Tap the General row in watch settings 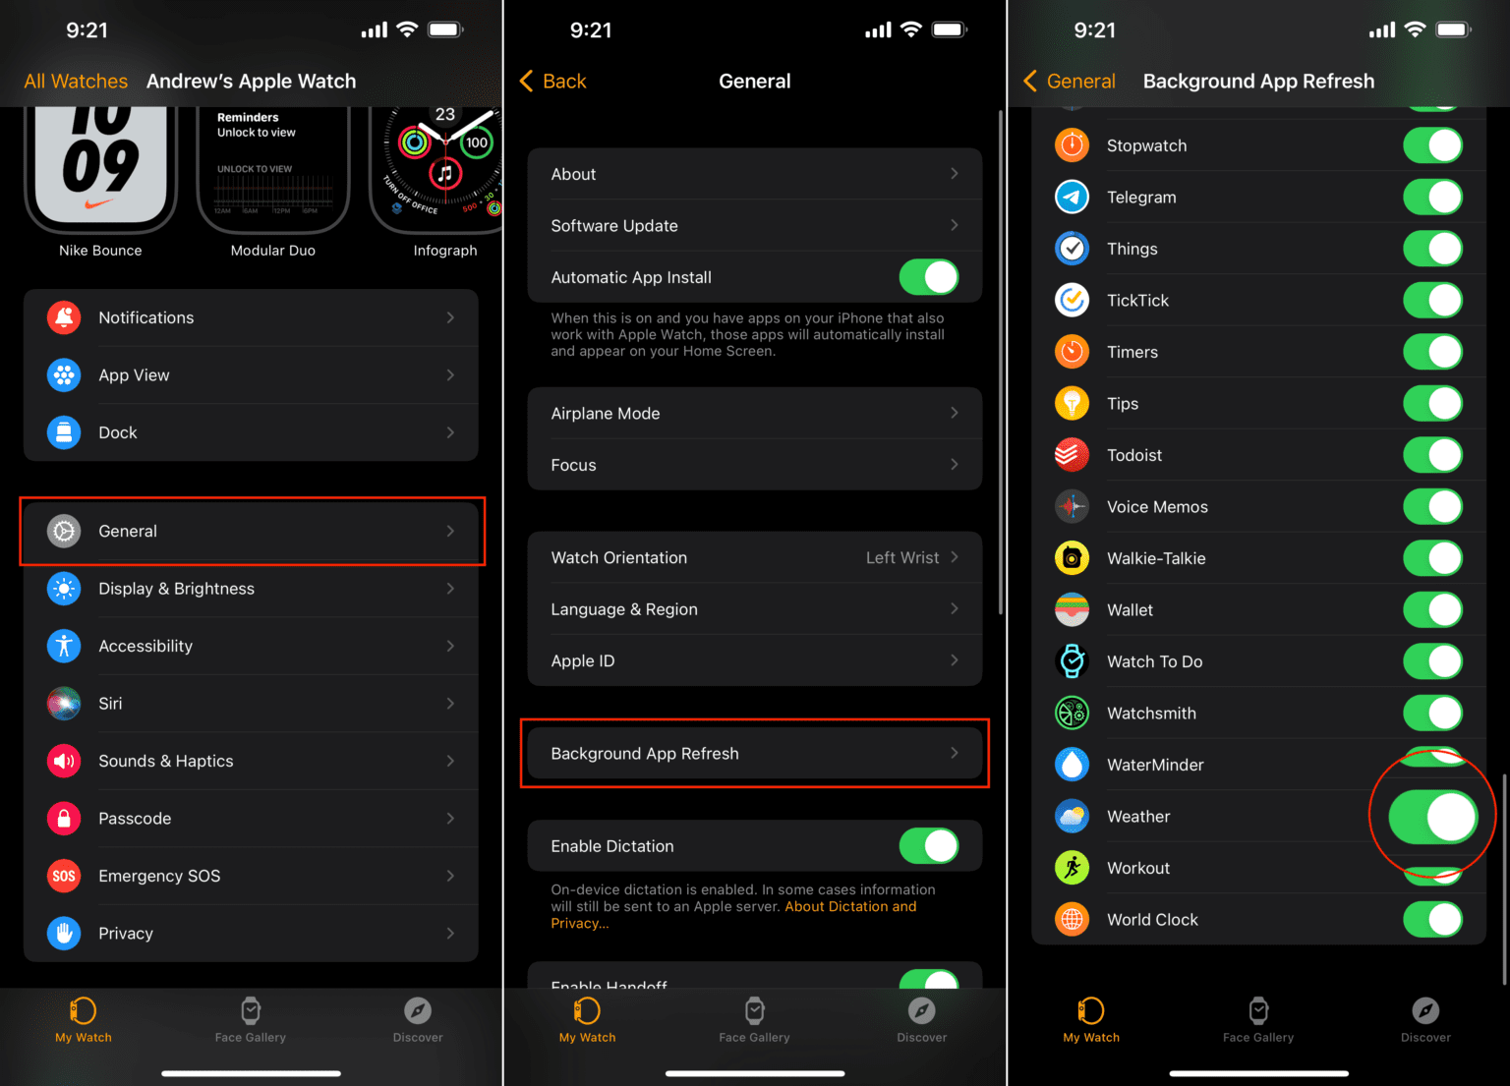coord(251,531)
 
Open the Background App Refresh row coord(753,754)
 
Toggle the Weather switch coord(1432,817)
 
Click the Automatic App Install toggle coord(928,277)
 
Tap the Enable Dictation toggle coord(928,846)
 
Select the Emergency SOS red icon coord(64,876)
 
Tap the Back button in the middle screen coord(553,82)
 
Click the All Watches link coord(76,82)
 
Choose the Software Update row coord(753,226)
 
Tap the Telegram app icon coord(1072,198)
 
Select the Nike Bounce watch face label coord(100,251)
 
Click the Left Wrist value coord(901,558)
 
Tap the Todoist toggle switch coord(1432,455)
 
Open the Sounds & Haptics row coord(251,761)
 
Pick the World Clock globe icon coord(1072,920)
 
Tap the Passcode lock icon coord(64,819)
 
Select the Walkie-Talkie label coord(1156,558)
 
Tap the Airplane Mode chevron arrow coord(954,414)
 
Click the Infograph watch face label coord(445,251)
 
